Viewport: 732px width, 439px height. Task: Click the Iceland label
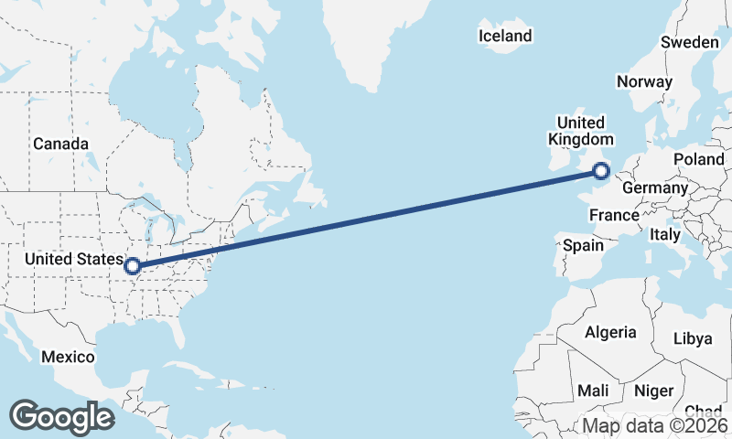coord(505,36)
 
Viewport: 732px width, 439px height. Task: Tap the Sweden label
coord(691,43)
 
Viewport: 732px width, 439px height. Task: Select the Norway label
coord(644,81)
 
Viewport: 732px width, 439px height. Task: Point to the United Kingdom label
coord(580,131)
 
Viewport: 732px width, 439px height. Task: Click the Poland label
coord(698,159)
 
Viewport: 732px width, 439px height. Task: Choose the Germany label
coord(654,187)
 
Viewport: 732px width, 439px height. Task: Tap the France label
coord(613,215)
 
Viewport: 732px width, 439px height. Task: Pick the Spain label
coord(583,245)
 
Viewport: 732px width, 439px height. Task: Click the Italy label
coord(665,234)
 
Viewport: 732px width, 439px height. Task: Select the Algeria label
coord(609,332)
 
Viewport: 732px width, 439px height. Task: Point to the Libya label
coord(692,338)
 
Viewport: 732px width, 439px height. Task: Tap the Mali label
coord(593,391)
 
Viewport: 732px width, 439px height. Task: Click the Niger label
coord(653,391)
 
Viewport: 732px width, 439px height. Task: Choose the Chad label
coord(703,411)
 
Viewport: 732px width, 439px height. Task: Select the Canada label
coord(60,144)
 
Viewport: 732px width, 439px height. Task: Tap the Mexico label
coord(68,356)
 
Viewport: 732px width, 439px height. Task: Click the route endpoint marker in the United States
coord(133,266)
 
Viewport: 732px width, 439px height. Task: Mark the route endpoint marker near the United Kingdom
coord(601,170)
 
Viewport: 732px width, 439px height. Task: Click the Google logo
coord(61,417)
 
